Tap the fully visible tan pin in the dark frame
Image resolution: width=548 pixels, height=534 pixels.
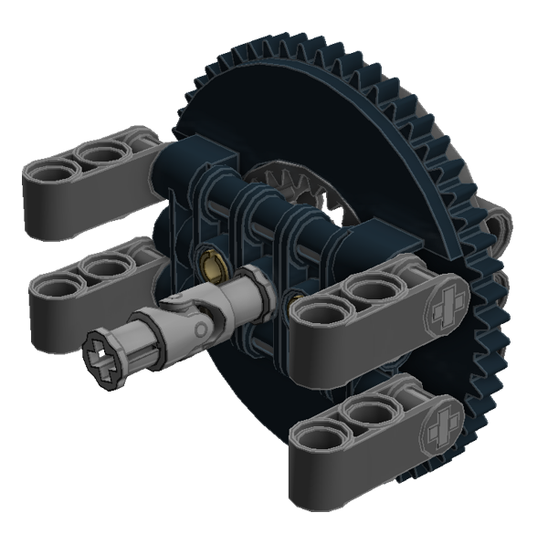212,267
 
